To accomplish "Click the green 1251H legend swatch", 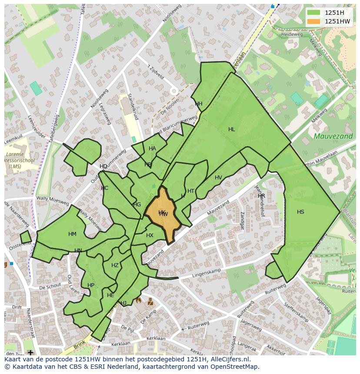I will click(313, 13).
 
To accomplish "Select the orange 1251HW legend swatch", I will click(313, 21).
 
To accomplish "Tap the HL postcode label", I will click(231, 129).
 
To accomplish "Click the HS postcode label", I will click(300, 212).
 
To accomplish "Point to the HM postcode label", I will click(72, 234).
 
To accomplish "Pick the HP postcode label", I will click(90, 285).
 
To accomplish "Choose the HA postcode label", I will click(152, 149).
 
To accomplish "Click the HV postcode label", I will click(218, 178).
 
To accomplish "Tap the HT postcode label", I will click(191, 191).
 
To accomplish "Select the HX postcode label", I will click(150, 235).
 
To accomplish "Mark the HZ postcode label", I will click(115, 265).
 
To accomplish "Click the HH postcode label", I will click(199, 104).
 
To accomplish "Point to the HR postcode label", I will click(261, 196).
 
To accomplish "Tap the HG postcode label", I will click(137, 205).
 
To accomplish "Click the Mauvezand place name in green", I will click(327, 136).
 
